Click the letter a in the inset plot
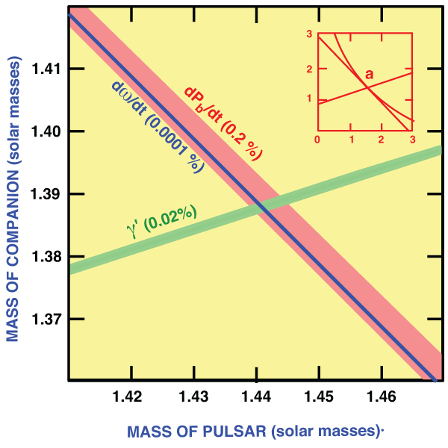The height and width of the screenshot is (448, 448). (370, 73)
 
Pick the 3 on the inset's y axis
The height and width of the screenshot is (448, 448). (308, 34)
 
